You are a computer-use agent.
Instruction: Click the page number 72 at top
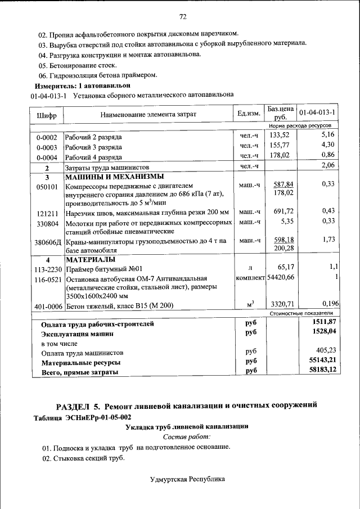pos(183,15)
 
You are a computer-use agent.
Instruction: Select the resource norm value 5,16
pos(327,135)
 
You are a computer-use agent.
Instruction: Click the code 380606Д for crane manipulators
pos(47,242)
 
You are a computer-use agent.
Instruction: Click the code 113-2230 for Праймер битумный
pos(46,268)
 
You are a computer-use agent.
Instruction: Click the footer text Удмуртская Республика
pos(187,479)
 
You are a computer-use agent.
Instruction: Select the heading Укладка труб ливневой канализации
pos(186,426)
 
